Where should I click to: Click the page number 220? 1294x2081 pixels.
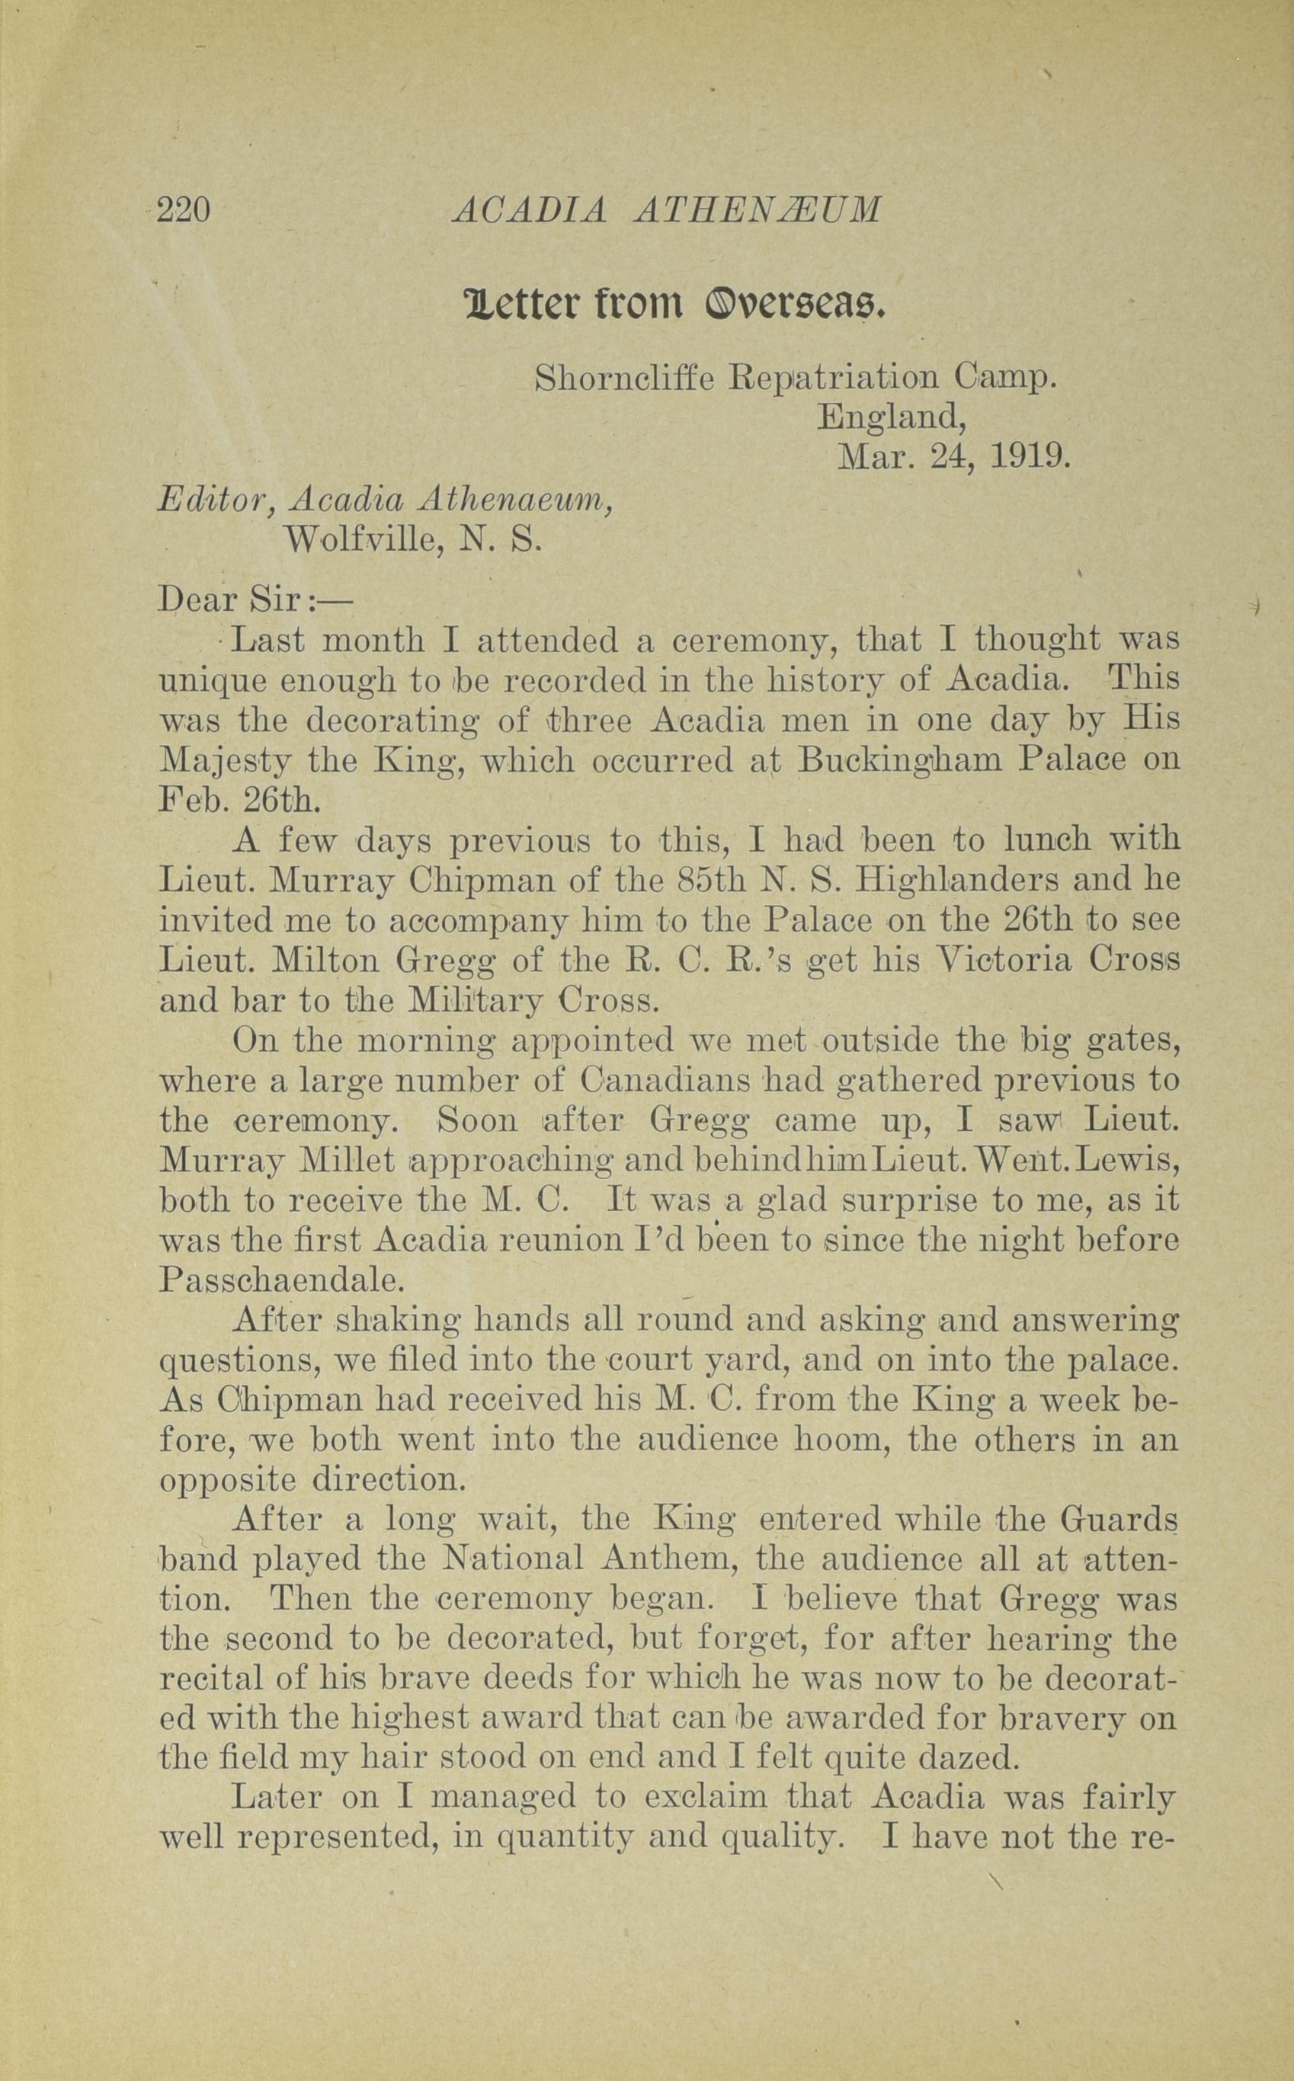coord(184,209)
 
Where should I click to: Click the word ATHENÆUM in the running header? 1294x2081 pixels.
coord(757,209)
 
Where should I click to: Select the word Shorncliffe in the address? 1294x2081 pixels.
coord(624,378)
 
